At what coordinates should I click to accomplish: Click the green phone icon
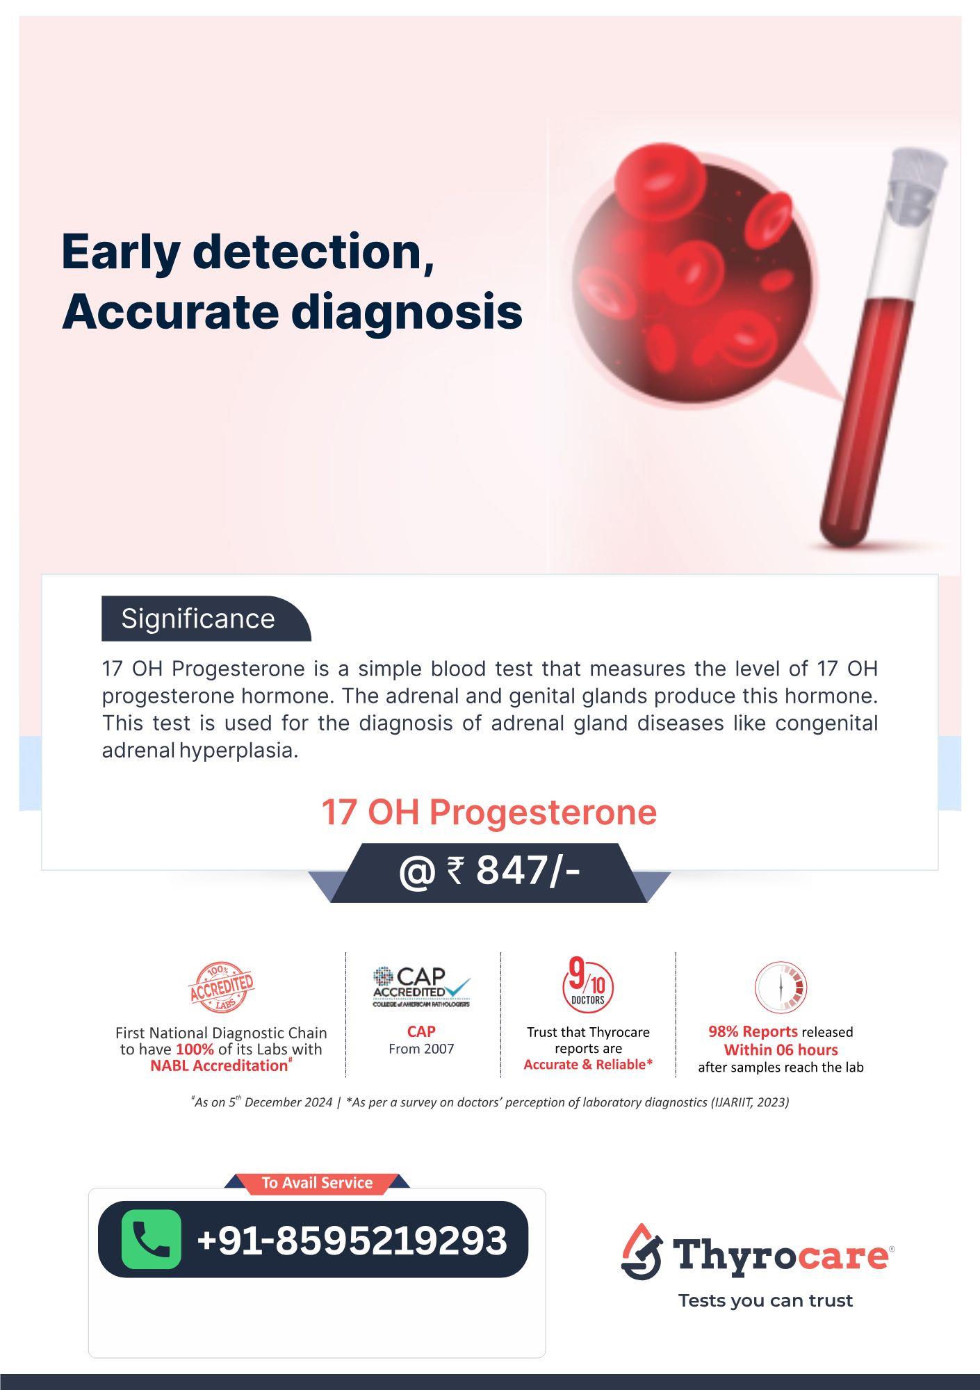[x=152, y=1239]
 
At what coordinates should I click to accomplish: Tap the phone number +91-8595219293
[x=352, y=1240]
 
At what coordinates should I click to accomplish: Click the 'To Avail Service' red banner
[x=317, y=1183]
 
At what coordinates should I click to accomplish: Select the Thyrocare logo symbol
[x=642, y=1252]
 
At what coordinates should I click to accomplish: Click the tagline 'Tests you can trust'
[x=765, y=1301]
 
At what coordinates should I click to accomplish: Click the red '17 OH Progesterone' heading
[x=489, y=812]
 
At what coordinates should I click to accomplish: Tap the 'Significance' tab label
[x=198, y=619]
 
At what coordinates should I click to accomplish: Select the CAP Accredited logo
[x=421, y=987]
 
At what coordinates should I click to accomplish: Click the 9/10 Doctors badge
[x=588, y=984]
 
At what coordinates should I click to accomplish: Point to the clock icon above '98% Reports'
[x=781, y=987]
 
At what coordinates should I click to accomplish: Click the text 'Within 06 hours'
[x=781, y=1049]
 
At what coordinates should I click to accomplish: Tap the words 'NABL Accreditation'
[x=219, y=1065]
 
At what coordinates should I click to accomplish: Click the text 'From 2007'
[x=421, y=1049]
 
